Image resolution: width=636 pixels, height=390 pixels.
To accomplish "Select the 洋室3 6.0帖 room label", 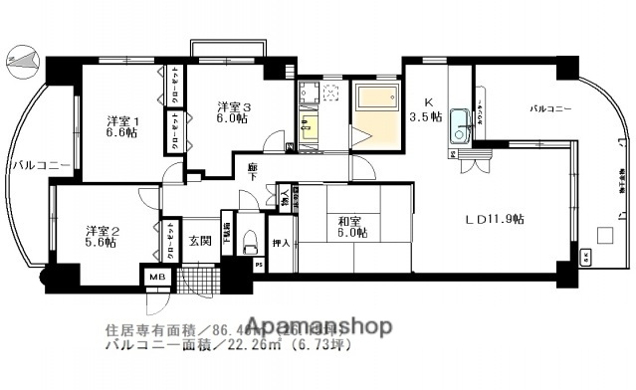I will point(233,110).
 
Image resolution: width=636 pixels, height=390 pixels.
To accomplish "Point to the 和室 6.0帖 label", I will point(349,227).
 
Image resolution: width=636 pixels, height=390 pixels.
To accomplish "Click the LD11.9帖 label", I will point(494,219).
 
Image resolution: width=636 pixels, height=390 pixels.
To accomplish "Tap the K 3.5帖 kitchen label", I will point(429,108).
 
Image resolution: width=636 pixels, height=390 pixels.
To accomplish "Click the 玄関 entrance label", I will point(199,241).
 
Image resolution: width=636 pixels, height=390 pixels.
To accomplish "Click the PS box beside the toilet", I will point(260,265).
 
